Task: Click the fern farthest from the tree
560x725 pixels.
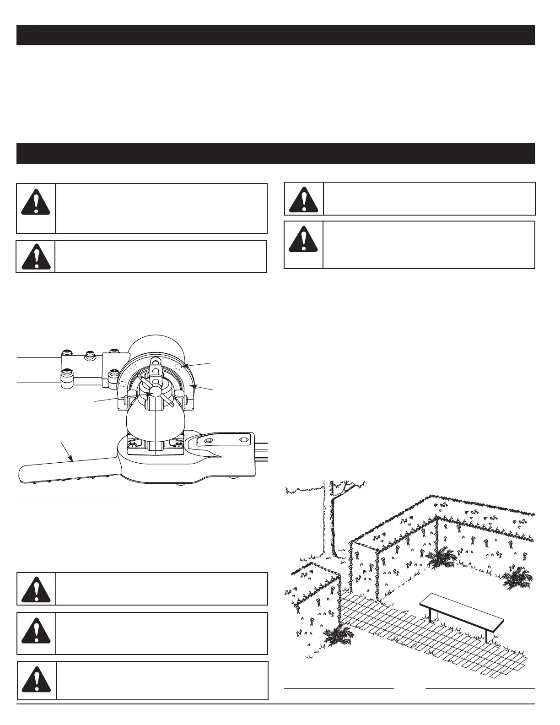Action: point(517,579)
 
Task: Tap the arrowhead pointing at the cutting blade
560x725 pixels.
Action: point(71,459)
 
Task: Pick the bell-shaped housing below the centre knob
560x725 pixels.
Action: point(156,421)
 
